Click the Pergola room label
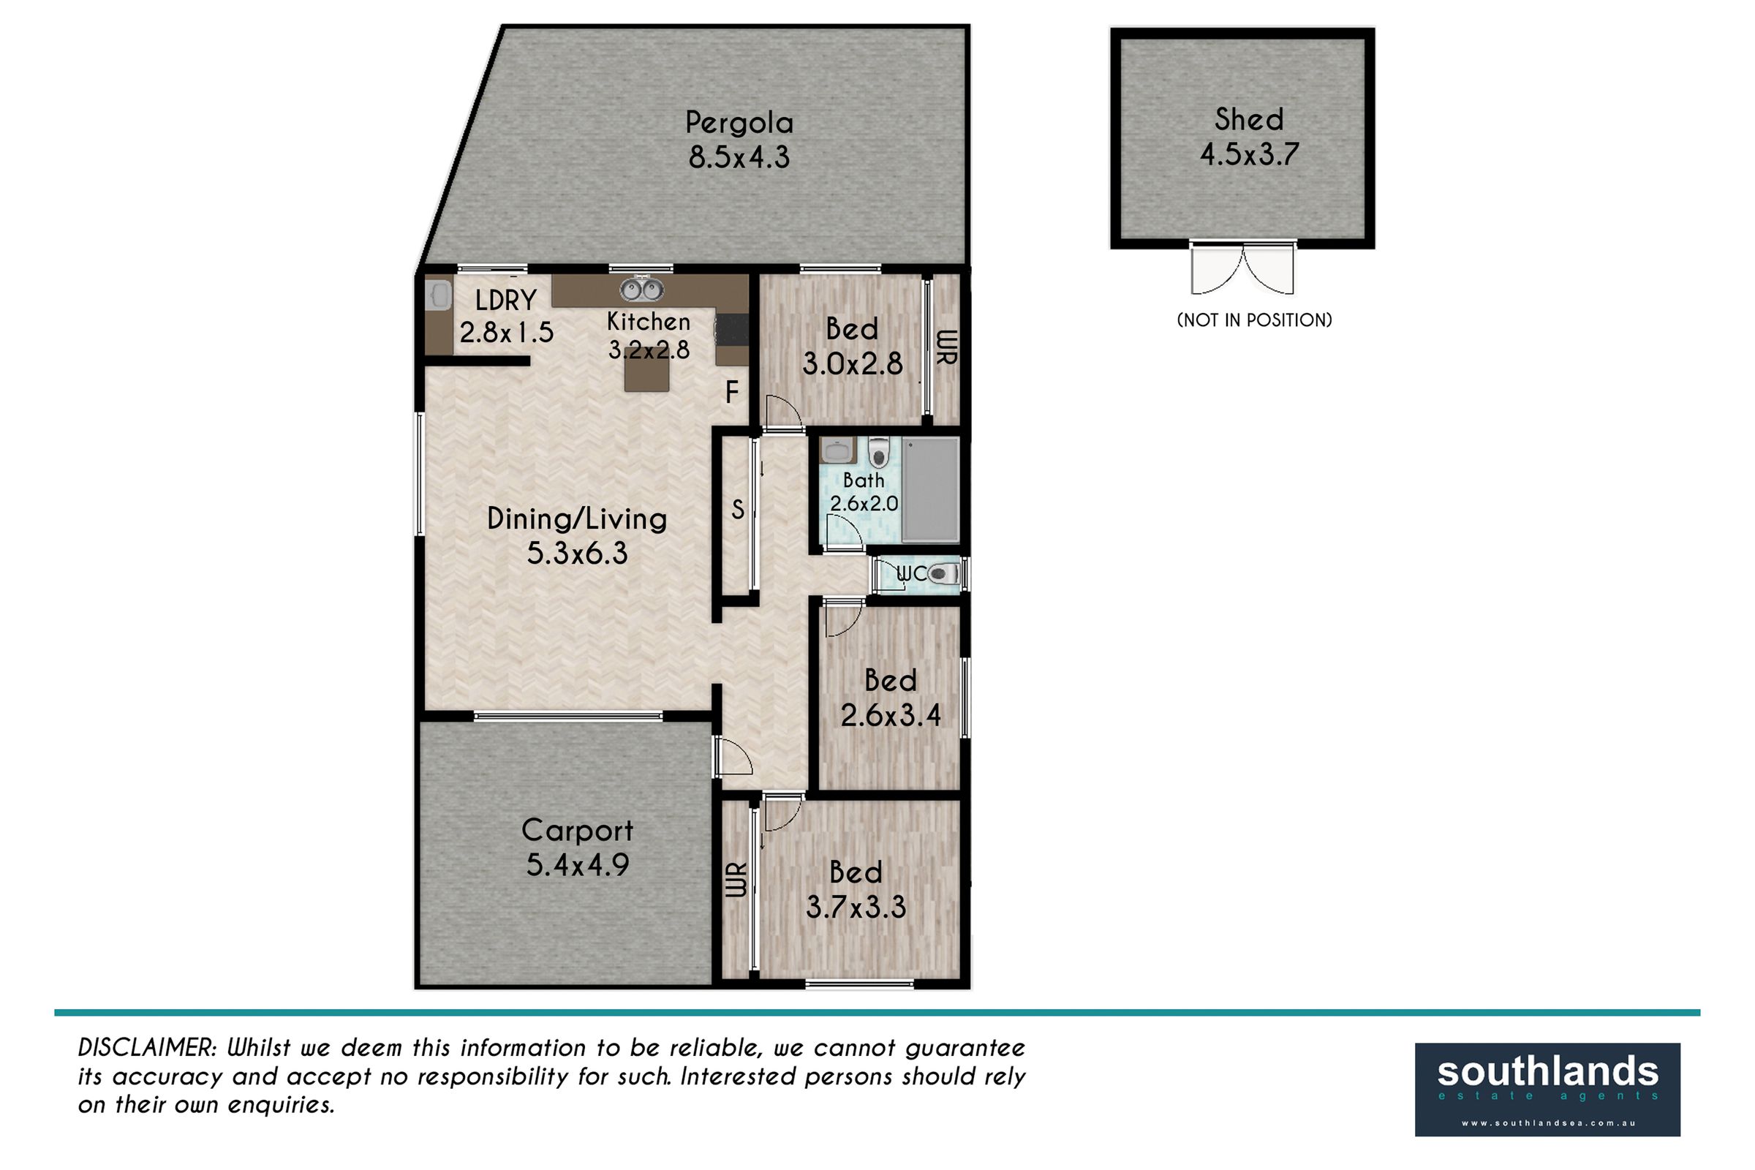pyautogui.click(x=739, y=123)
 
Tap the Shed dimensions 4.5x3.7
pyautogui.click(x=1249, y=154)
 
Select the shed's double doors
pyautogui.click(x=1242, y=268)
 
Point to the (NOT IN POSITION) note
pyautogui.click(x=1253, y=320)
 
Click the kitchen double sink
pyautogui.click(x=642, y=288)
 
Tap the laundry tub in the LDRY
pyautogui.click(x=439, y=295)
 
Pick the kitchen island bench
pyautogui.click(x=647, y=369)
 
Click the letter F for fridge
pyautogui.click(x=732, y=392)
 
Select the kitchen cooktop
pyautogui.click(x=731, y=329)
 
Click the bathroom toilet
pyautogui.click(x=879, y=452)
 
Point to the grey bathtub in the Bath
pyautogui.click(x=929, y=489)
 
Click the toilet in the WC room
pyautogui.click(x=944, y=575)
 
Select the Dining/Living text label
pyautogui.click(x=577, y=519)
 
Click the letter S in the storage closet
pyautogui.click(x=737, y=509)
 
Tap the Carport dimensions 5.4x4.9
pyautogui.click(x=578, y=865)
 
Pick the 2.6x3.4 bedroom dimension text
pyautogui.click(x=890, y=716)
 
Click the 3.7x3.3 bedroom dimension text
pyautogui.click(x=856, y=907)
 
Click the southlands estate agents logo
pyautogui.click(x=1547, y=1090)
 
